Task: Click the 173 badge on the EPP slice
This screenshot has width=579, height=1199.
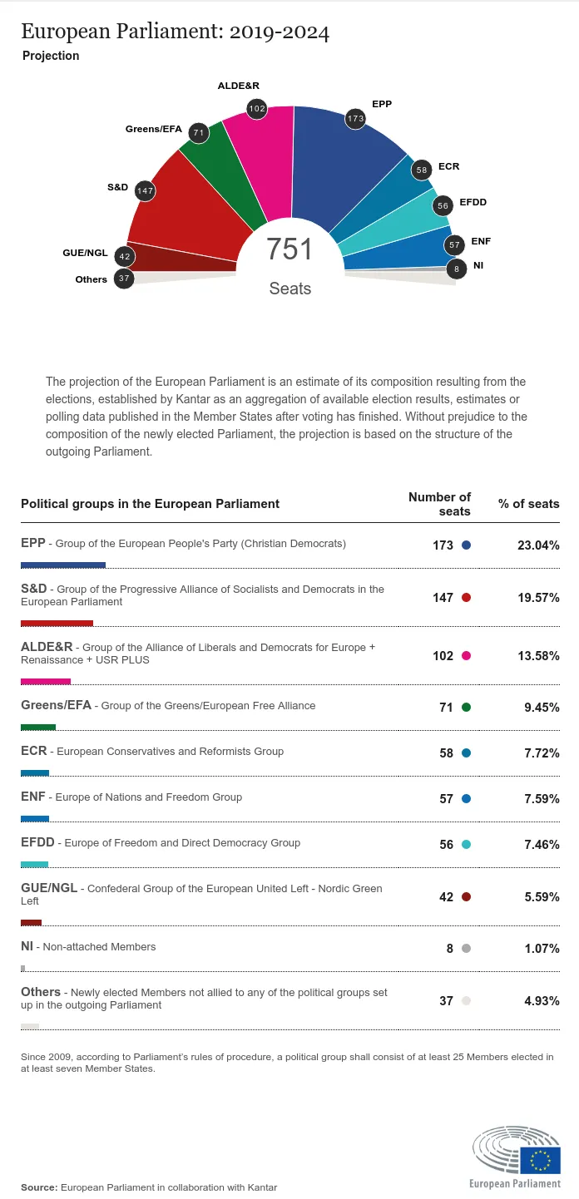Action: tap(356, 119)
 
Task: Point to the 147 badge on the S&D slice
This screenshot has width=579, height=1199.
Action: tap(145, 190)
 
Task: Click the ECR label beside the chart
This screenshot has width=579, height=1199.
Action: tap(448, 166)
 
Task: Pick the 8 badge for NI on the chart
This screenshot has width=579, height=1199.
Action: tap(456, 269)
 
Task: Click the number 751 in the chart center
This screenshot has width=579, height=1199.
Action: tap(289, 249)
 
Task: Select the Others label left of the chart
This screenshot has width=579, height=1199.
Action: tap(91, 279)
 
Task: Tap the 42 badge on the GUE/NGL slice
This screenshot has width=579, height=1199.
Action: tap(125, 256)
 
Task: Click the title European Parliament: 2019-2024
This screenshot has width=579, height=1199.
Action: tap(175, 32)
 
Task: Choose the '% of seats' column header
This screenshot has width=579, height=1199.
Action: tap(528, 504)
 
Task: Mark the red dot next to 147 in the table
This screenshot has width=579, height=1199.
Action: tap(466, 598)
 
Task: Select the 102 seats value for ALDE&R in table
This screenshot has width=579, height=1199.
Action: tap(443, 656)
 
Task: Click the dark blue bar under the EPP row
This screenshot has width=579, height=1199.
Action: tap(63, 565)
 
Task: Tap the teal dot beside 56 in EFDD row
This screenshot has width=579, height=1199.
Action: tap(466, 845)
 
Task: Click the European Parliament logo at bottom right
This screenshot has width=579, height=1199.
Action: tap(516, 1157)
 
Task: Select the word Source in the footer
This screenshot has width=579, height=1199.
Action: tap(37, 1187)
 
